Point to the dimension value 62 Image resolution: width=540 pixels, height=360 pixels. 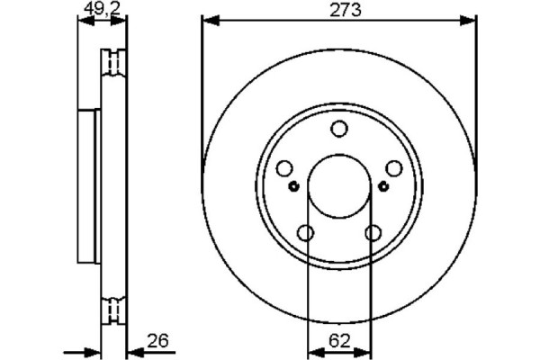coord(338,341)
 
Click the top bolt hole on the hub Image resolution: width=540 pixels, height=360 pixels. coord(338,129)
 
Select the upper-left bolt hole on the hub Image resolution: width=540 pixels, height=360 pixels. coord(283,168)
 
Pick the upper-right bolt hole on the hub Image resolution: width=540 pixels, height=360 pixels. coord(393,168)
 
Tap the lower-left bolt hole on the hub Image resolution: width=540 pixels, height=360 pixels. coord(305,233)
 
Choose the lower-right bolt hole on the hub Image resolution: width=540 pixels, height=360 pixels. coord(373,233)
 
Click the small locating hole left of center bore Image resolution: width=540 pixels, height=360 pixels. coord(294,186)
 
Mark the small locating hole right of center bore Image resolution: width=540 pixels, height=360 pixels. coord(383,186)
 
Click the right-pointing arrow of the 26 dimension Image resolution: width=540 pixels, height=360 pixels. coord(92,351)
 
